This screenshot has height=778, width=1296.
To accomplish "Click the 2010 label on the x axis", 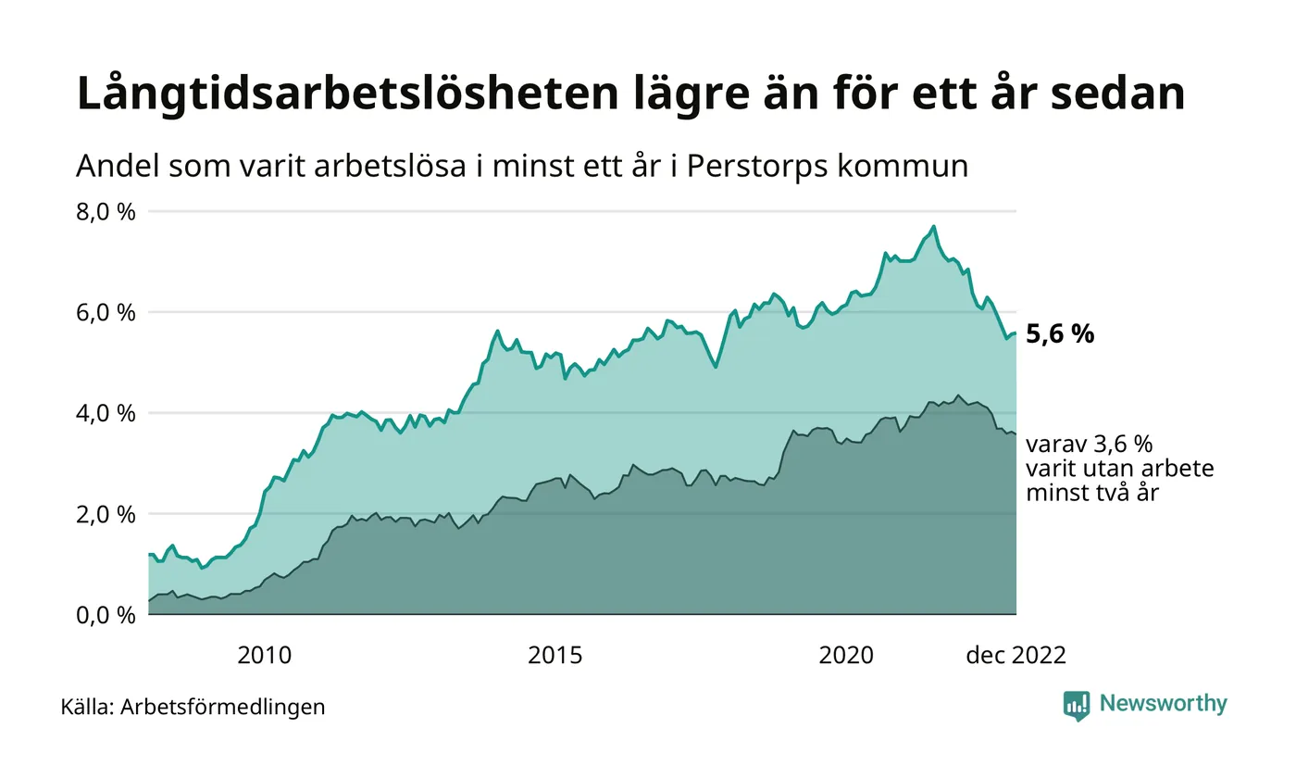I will click(x=264, y=656).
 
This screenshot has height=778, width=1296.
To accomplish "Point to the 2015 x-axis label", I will click(x=555, y=656).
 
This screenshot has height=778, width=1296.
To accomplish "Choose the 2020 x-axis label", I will click(x=846, y=656).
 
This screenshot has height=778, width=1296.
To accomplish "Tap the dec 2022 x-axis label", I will click(x=1016, y=656).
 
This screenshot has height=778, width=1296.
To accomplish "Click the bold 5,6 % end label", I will click(x=1060, y=334).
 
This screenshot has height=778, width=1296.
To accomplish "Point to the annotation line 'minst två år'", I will click(x=1091, y=493).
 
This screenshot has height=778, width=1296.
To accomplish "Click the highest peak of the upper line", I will click(x=933, y=226).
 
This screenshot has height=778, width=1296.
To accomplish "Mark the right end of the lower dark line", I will click(x=1016, y=434).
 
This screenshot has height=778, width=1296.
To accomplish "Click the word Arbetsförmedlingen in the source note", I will click(x=222, y=707).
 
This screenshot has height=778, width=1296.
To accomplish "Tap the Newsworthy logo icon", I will click(x=1077, y=705).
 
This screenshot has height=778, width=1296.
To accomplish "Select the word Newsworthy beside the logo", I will click(x=1163, y=704).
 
